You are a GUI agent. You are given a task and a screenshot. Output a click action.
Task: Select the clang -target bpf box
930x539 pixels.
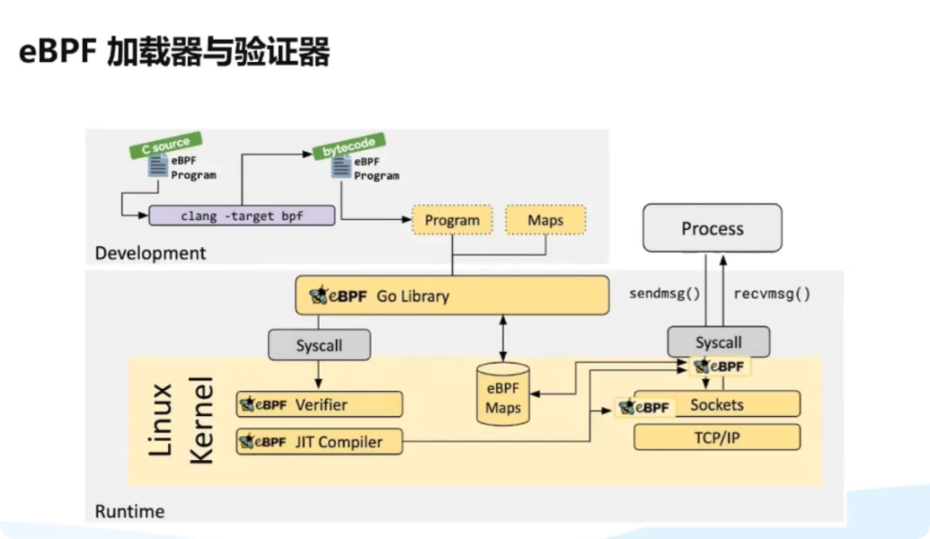242,215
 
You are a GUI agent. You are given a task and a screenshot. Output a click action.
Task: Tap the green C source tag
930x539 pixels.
164,144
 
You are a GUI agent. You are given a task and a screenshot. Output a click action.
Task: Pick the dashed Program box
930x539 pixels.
451,220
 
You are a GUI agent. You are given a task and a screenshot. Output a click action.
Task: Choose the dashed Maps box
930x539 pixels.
545,220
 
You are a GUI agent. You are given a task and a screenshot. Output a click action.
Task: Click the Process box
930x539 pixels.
712,228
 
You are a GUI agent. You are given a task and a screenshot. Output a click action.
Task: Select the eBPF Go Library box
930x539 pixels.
451,295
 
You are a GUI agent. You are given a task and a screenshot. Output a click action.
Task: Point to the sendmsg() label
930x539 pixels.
666,294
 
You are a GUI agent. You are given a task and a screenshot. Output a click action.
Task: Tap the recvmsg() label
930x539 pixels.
771,294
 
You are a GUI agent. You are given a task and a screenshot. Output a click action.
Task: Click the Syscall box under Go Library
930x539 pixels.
319,344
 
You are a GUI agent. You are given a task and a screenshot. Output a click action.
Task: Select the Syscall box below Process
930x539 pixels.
718,342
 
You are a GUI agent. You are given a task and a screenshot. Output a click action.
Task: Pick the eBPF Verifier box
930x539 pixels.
319,404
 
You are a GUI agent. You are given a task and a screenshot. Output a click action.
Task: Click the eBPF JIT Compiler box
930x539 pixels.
319,442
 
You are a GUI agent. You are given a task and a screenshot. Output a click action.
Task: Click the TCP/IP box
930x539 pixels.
717,437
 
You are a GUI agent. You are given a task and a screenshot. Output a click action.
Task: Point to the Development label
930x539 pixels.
150,253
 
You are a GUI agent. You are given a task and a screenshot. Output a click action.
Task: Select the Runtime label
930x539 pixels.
129,511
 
